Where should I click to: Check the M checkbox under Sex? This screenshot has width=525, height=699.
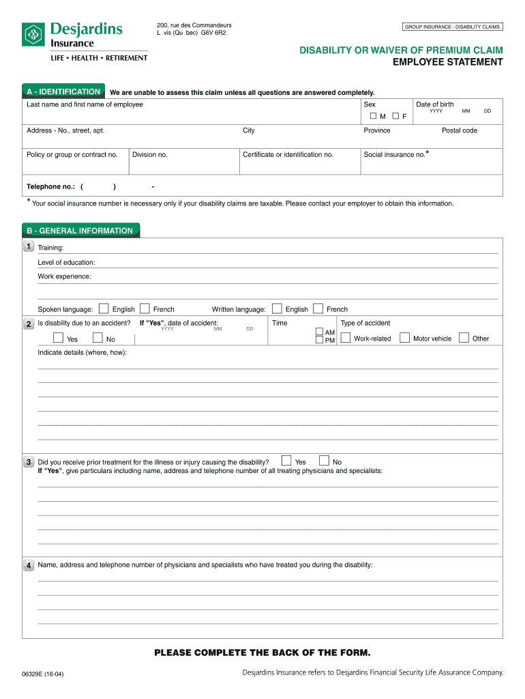pyautogui.click(x=373, y=116)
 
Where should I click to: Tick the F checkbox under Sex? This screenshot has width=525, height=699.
pyautogui.click(x=395, y=116)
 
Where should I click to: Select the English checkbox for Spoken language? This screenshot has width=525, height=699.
pyautogui.click(x=104, y=309)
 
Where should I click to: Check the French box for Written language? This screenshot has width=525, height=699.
pyautogui.click(x=318, y=309)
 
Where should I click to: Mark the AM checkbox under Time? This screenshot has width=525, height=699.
pyautogui.click(x=319, y=332)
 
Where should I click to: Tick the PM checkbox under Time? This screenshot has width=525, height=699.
pyautogui.click(x=319, y=340)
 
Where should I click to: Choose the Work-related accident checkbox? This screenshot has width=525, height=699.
pyautogui.click(x=346, y=337)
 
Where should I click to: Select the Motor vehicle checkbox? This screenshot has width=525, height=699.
pyautogui.click(x=404, y=337)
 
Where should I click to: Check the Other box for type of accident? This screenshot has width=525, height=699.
pyautogui.click(x=464, y=337)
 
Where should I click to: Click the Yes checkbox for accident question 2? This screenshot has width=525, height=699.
pyautogui.click(x=58, y=338)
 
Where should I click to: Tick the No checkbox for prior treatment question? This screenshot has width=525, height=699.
pyautogui.click(x=325, y=461)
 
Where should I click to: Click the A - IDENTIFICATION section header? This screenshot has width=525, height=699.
pyautogui.click(x=63, y=91)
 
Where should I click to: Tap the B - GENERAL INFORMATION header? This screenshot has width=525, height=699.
pyautogui.click(x=80, y=231)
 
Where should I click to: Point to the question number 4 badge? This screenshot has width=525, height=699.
pyautogui.click(x=28, y=565)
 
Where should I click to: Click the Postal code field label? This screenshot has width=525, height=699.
pyautogui.click(x=459, y=130)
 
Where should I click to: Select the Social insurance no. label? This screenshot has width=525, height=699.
pyautogui.click(x=395, y=154)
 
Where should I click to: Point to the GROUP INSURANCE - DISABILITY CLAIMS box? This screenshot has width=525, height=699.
pyautogui.click(x=452, y=27)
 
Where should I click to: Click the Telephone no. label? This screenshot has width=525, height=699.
pyautogui.click(x=50, y=186)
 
